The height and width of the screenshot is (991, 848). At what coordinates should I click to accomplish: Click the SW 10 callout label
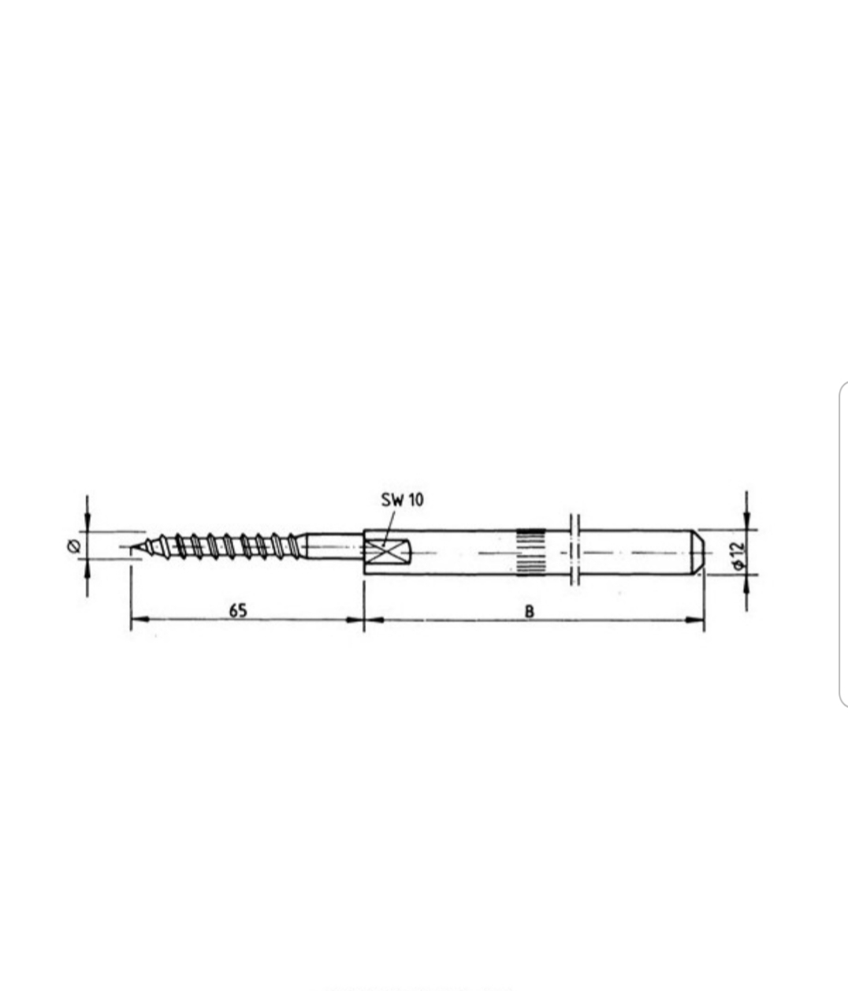[x=402, y=500]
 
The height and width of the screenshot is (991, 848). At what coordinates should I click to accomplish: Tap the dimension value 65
[x=238, y=611]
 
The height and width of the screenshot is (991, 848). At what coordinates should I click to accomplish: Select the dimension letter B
[x=530, y=612]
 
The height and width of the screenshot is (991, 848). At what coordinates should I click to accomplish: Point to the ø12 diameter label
[x=739, y=555]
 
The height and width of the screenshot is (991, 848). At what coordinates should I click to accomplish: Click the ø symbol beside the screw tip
[x=74, y=546]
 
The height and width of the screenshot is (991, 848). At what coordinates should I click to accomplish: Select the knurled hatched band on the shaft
[x=530, y=552]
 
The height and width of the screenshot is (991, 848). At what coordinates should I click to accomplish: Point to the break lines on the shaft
[x=575, y=550]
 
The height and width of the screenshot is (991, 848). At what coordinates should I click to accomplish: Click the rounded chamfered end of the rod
[x=698, y=552]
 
